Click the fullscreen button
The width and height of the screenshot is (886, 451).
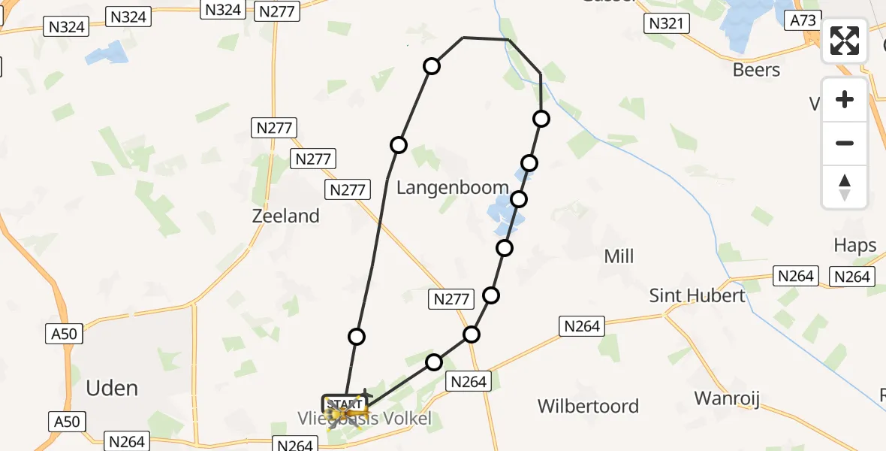(x=845, y=41)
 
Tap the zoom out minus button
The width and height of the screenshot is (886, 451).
(x=845, y=143)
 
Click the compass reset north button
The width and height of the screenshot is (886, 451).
(x=845, y=186)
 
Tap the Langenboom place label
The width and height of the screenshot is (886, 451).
(x=452, y=187)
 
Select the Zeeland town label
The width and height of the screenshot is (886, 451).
(x=285, y=216)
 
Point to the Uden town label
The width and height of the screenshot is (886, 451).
(x=112, y=388)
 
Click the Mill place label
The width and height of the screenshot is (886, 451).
(x=619, y=256)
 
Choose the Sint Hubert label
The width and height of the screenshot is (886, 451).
(x=698, y=295)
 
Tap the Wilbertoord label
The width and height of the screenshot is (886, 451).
(x=588, y=406)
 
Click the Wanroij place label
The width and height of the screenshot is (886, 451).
(x=727, y=398)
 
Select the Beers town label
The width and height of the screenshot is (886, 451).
(x=756, y=70)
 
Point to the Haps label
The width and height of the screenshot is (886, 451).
(x=855, y=245)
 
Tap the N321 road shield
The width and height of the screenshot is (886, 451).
(x=666, y=23)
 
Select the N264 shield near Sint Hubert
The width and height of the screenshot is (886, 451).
(x=796, y=276)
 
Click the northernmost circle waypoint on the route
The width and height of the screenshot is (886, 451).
(x=432, y=66)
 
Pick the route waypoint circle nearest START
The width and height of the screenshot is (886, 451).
(x=357, y=337)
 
